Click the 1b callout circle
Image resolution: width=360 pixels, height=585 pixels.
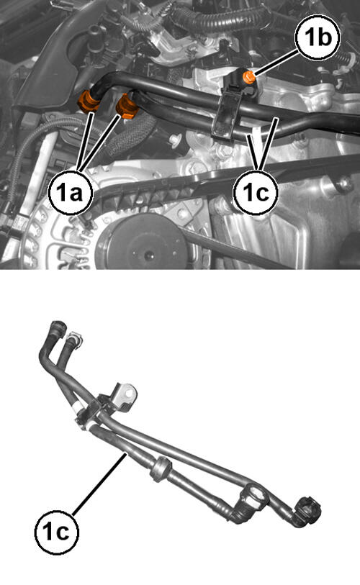pos(318,37)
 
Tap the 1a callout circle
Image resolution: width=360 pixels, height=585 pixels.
pos(71,193)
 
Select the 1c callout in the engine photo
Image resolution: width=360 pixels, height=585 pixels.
pos(256,193)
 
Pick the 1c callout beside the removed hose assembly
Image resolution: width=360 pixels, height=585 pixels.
pos(57,531)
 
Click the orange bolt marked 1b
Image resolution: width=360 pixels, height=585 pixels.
pos(248,77)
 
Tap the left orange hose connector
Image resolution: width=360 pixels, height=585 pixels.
pos(88,101)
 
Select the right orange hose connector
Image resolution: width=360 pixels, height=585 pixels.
pos(127,106)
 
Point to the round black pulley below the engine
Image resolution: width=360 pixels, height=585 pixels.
pos(141,242)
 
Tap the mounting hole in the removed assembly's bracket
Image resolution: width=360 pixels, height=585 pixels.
pos(129,394)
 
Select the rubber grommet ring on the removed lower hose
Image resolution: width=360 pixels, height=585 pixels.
pos(161,468)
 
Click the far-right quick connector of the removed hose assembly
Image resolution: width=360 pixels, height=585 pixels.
pos(308,509)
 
